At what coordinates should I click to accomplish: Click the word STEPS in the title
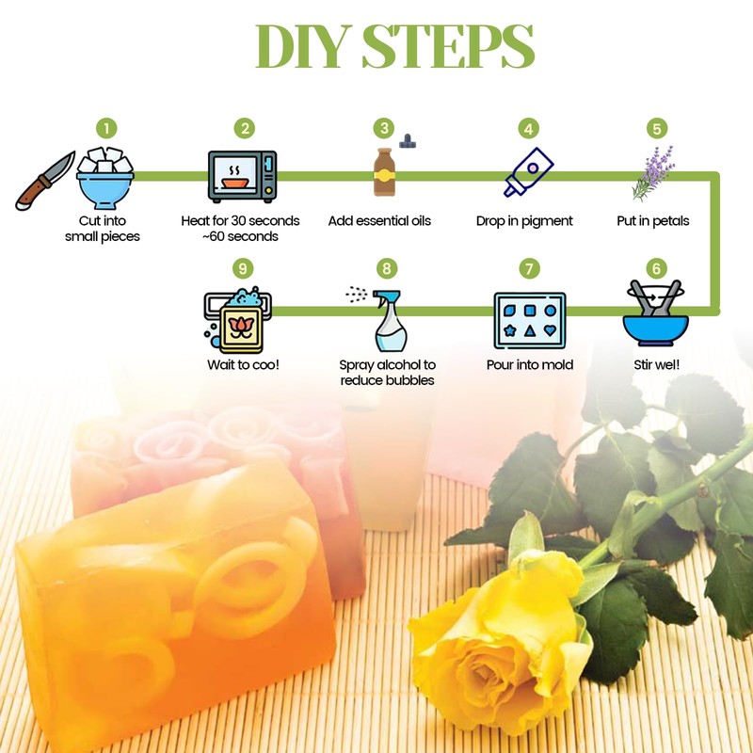(x=444, y=47)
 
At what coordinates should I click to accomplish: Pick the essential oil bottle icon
(x=383, y=172)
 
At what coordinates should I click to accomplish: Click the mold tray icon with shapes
(x=529, y=320)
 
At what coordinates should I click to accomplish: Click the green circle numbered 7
(x=530, y=268)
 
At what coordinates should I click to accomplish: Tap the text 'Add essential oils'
(x=379, y=221)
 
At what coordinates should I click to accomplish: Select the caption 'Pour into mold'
(x=529, y=364)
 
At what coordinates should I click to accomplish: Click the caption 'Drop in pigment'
(x=524, y=221)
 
